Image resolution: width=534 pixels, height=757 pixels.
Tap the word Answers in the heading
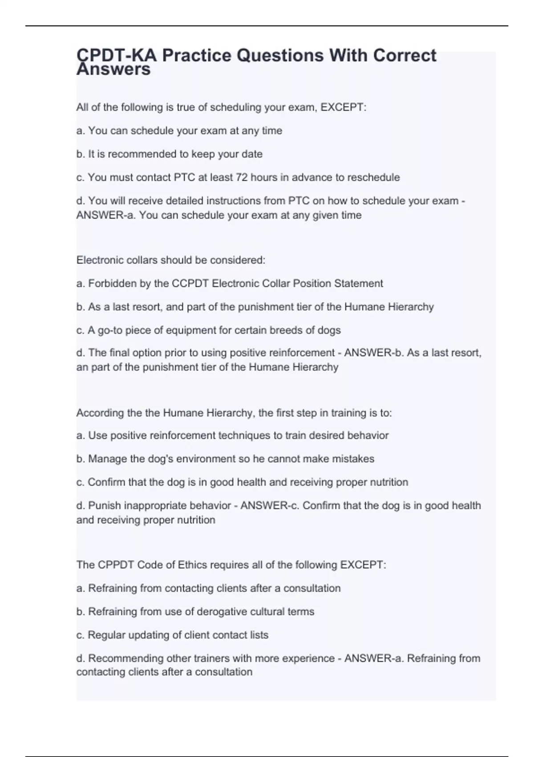coord(113,70)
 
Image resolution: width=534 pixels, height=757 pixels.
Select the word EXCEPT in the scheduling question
coord(343,107)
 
